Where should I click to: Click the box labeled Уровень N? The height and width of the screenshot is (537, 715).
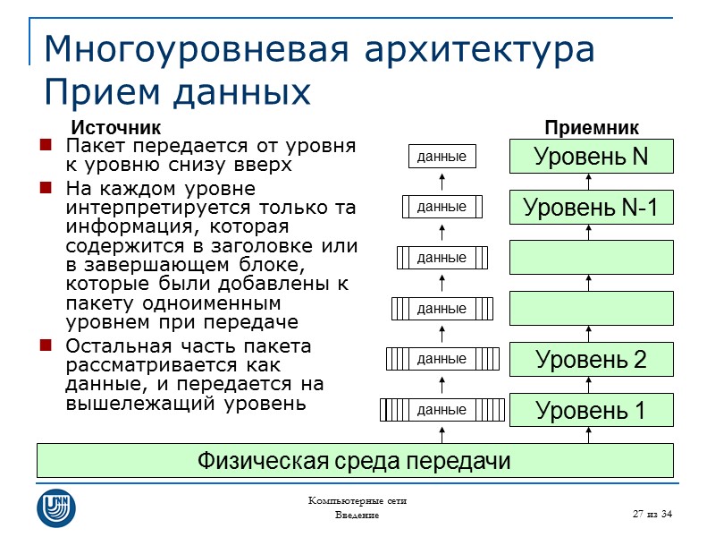point(591,157)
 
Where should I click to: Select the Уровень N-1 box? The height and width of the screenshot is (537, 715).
point(591,208)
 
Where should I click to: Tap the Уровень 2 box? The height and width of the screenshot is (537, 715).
point(591,360)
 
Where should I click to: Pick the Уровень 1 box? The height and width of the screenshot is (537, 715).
point(591,411)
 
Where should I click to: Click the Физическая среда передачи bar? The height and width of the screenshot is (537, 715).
point(354,461)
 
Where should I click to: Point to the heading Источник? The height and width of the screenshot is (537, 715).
point(115,128)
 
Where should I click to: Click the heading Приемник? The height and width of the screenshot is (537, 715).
point(592,128)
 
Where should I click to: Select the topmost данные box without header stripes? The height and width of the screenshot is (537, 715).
point(442,157)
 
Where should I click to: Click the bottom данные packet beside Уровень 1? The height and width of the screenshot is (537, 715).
point(442,410)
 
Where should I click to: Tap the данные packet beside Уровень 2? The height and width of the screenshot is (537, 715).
point(442,359)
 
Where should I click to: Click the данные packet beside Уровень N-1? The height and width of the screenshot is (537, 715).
point(442,207)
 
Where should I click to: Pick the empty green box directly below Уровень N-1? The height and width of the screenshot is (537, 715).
point(591,257)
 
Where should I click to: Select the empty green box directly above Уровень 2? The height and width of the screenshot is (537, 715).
point(591,308)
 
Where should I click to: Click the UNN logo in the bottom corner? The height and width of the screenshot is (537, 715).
point(55,507)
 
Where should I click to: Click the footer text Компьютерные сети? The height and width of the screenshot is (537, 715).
point(357,501)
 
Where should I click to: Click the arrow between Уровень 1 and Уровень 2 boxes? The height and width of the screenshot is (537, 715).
point(590,385)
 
